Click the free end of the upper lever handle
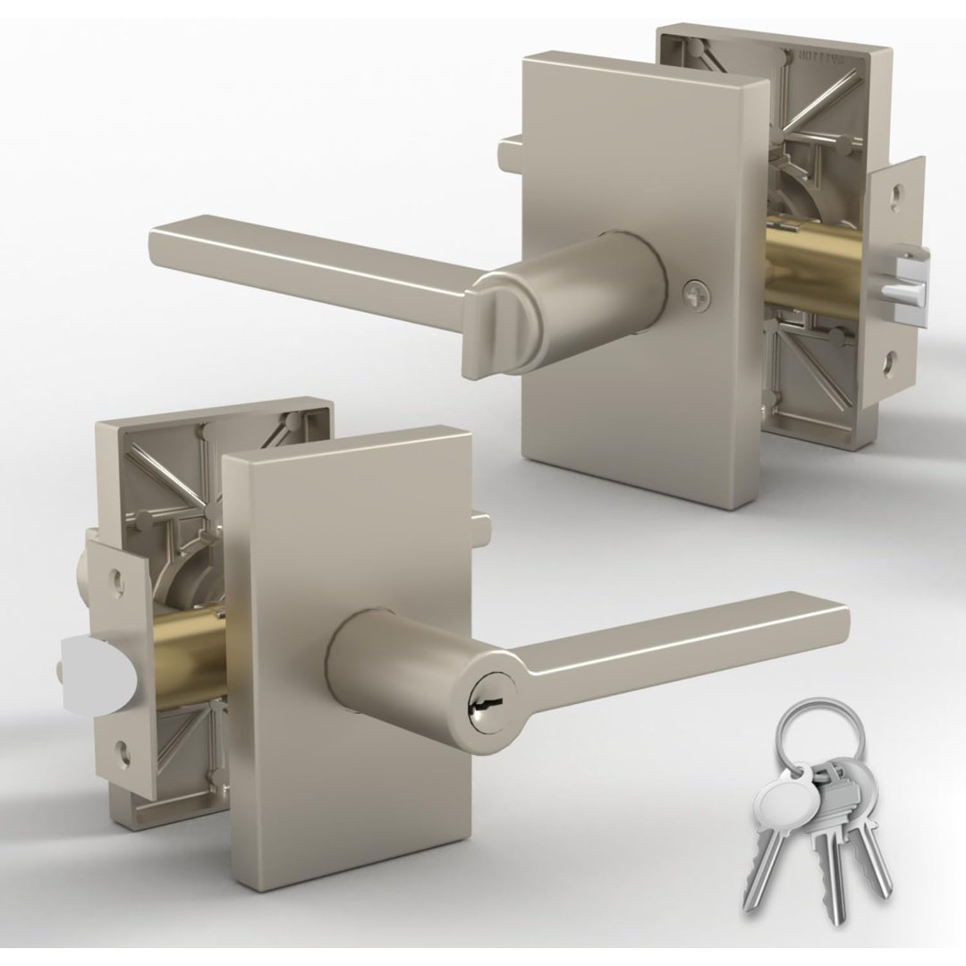160,250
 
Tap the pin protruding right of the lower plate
483,520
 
